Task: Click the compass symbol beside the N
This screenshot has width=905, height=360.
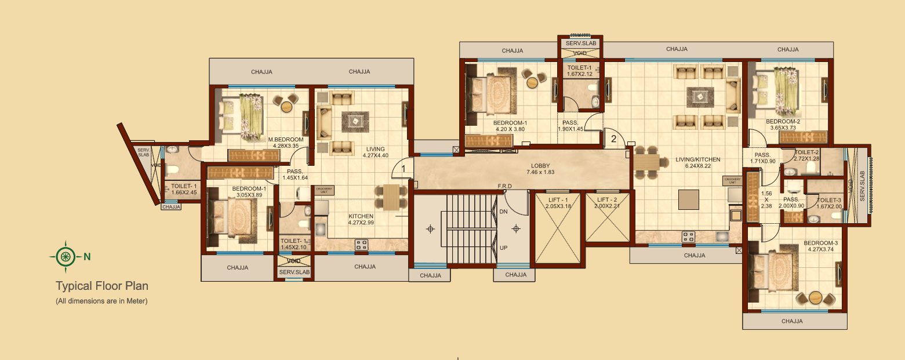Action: click(x=66, y=256)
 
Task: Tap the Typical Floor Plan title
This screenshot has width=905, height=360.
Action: click(x=102, y=286)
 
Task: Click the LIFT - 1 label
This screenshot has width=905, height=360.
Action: click(x=559, y=202)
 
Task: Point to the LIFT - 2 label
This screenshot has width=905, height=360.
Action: click(x=608, y=202)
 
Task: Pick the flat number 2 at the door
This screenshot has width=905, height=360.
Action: click(x=613, y=139)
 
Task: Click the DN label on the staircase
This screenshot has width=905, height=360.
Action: click(x=503, y=212)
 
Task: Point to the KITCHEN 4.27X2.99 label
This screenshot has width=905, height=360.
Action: click(x=361, y=219)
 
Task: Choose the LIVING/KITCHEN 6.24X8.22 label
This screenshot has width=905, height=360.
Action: click(x=697, y=163)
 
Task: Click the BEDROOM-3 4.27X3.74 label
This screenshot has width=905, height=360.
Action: click(x=820, y=246)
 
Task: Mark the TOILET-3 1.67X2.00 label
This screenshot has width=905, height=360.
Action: click(x=829, y=203)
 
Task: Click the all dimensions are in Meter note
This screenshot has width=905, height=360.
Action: click(x=102, y=301)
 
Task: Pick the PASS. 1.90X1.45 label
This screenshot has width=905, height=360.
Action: click(x=570, y=126)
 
